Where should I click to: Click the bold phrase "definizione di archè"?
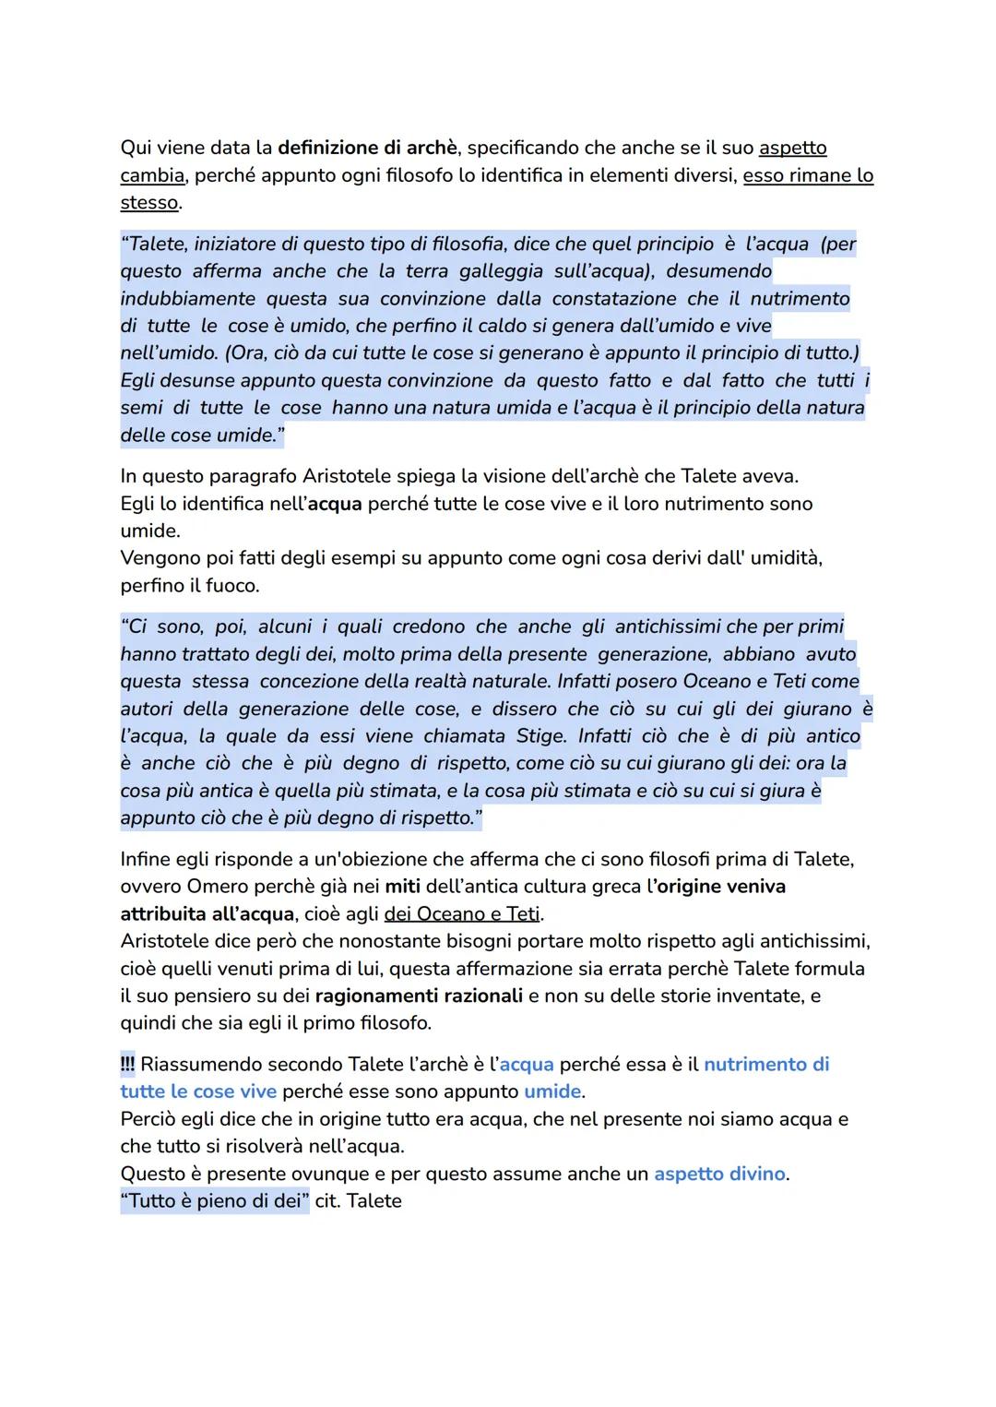pyautogui.click(x=367, y=148)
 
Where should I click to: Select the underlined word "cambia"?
pyautogui.click(x=152, y=175)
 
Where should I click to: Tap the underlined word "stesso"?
pyautogui.click(x=149, y=203)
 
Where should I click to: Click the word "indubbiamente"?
pyautogui.click(x=187, y=299)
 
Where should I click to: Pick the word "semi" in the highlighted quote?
pyautogui.click(x=141, y=408)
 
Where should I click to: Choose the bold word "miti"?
pyautogui.click(x=402, y=887)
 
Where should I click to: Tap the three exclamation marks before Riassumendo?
pyautogui.click(x=127, y=1065)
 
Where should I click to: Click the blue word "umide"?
pyautogui.click(x=552, y=1091)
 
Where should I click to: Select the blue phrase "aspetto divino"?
pyautogui.click(x=719, y=1174)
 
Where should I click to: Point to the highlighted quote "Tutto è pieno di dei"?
pyautogui.click(x=215, y=1201)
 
